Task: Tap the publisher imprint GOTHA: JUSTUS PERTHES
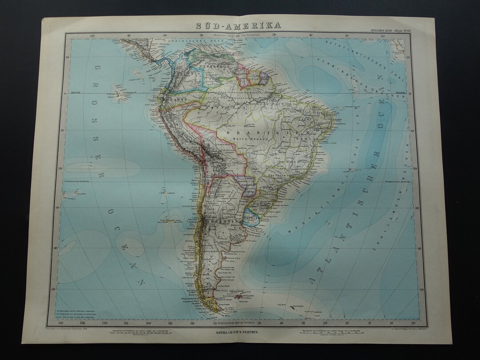tap(240, 331)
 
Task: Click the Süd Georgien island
tap(293, 306)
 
